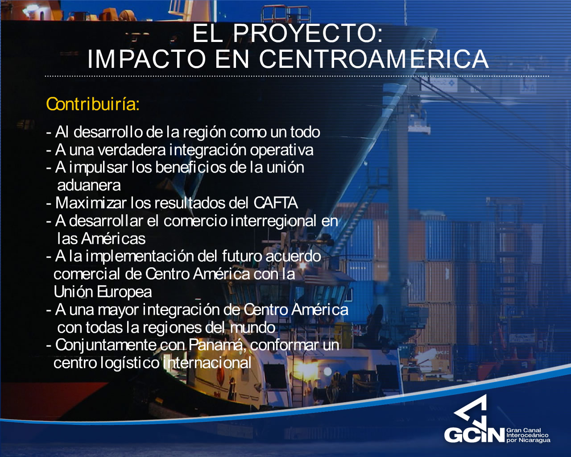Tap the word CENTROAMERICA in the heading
(x=373, y=59)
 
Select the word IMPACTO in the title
(x=147, y=59)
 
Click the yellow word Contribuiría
(x=93, y=104)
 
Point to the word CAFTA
(x=276, y=203)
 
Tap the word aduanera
(x=89, y=185)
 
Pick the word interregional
(x=273, y=221)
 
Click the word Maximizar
(x=91, y=203)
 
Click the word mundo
(x=252, y=328)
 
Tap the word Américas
(x=113, y=239)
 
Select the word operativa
(x=281, y=150)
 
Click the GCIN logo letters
(x=474, y=435)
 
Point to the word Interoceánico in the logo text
(x=527, y=435)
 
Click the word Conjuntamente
(x=106, y=345)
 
